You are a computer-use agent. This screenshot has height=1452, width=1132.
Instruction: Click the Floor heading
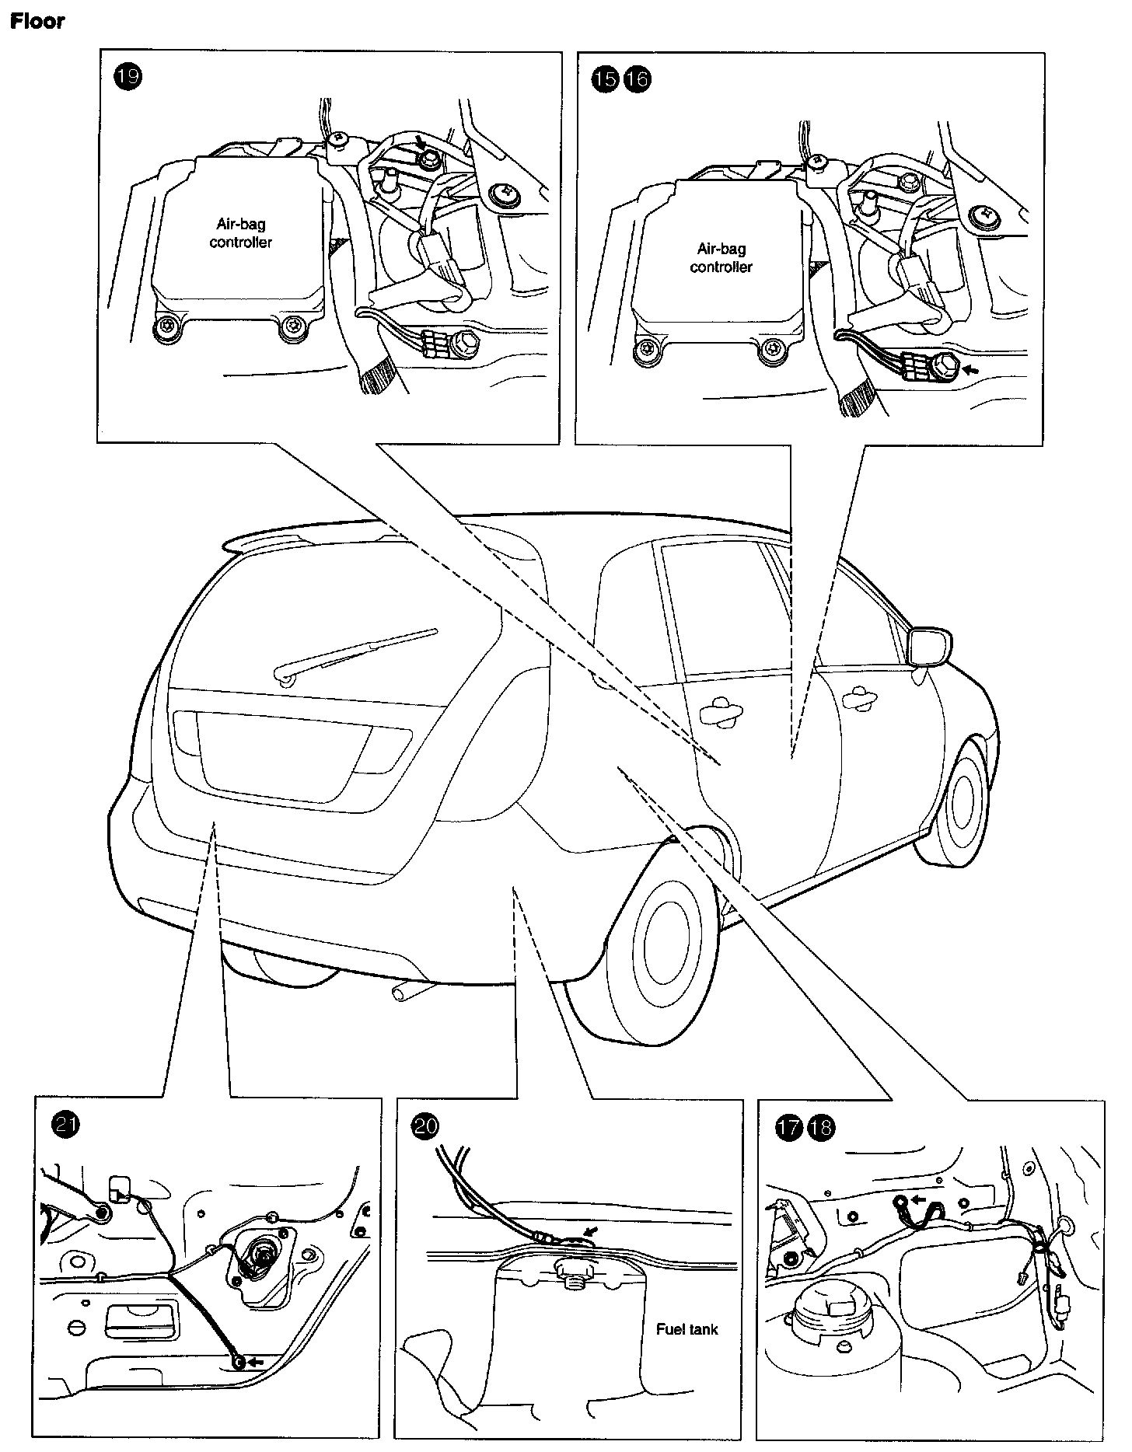(x=37, y=21)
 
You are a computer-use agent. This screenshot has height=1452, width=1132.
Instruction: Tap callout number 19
(x=129, y=79)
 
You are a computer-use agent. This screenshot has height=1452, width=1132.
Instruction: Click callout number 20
(x=426, y=1127)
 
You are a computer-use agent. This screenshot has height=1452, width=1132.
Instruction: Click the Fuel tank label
(x=687, y=1329)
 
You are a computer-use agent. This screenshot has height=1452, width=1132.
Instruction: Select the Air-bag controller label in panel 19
(x=241, y=233)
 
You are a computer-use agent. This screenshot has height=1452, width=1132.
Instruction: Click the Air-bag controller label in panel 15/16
(x=721, y=257)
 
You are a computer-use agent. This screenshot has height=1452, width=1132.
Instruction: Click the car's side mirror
(x=928, y=645)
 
